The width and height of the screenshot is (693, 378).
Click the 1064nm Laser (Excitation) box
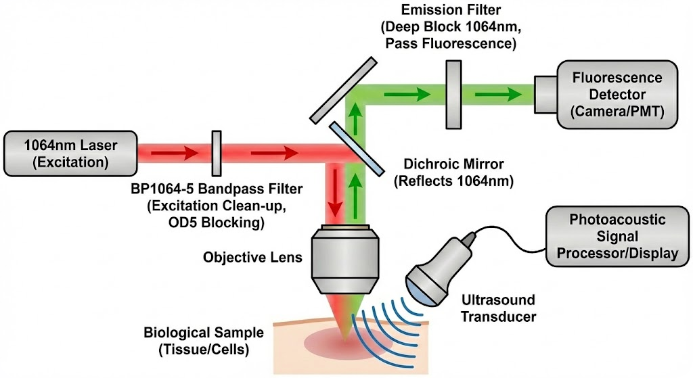tap(70, 153)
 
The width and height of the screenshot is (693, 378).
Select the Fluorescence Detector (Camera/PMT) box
tap(617, 94)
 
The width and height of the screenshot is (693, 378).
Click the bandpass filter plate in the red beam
tap(217, 153)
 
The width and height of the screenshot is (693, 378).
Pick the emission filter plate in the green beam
tap(453, 94)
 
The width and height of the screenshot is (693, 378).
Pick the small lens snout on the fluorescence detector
tap(545, 94)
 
